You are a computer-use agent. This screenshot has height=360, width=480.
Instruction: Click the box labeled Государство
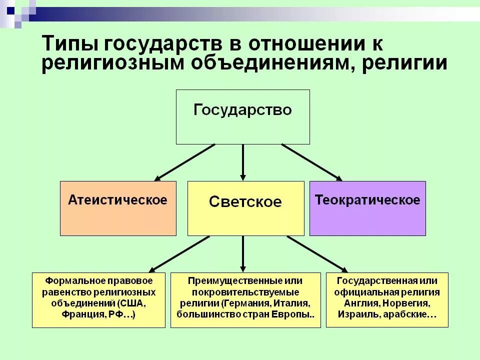tap(242, 116)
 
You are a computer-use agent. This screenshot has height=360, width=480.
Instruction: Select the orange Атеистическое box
tap(118, 208)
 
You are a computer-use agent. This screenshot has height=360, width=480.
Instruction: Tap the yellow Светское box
tap(245, 208)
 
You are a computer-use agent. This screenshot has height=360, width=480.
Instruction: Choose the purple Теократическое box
tap(367, 208)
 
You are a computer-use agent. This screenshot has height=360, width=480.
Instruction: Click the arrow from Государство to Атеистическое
tap(185, 161)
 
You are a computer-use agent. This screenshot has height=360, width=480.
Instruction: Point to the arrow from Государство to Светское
tap(243, 161)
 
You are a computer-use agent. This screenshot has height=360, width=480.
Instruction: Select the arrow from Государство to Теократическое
tap(311, 161)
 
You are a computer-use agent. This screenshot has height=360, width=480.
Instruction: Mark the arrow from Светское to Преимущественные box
tap(243, 253)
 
